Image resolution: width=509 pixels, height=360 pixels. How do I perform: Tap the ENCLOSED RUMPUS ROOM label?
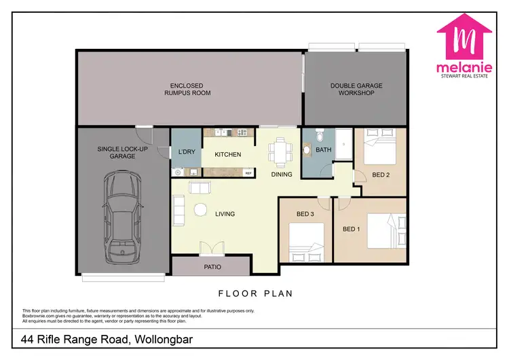(187, 89)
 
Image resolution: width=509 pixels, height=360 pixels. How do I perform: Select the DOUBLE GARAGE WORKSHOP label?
(356, 89)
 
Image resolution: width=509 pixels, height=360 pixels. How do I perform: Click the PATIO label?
(212, 267)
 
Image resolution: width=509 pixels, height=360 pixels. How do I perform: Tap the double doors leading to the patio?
(211, 249)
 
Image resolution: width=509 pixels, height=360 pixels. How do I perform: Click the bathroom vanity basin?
(306, 149)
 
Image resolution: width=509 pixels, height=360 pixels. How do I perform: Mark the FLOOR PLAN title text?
(254, 294)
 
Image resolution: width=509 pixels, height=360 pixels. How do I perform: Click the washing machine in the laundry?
(177, 173)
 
